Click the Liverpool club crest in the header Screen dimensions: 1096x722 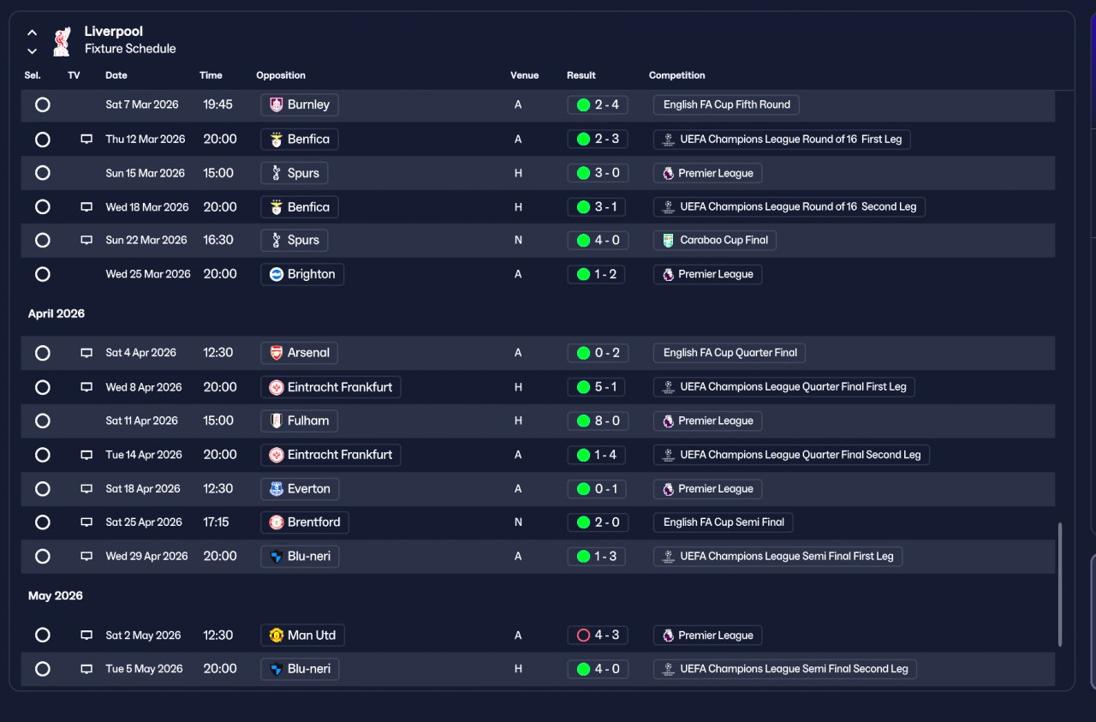(62, 42)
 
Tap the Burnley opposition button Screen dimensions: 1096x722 (300, 104)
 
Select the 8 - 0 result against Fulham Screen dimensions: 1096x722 (598, 421)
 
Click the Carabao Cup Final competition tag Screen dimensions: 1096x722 (714, 241)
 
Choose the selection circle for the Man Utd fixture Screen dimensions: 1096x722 (43, 635)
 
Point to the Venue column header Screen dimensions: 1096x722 (524, 75)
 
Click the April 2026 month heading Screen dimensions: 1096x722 (57, 313)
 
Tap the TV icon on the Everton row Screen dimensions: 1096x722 (86, 488)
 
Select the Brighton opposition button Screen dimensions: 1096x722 (302, 274)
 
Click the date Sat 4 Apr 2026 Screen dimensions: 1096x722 (141, 352)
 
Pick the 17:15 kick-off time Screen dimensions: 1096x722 (217, 522)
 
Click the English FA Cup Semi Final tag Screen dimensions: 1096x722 (724, 522)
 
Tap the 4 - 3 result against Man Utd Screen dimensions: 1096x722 (598, 635)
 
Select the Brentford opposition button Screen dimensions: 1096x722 (304, 522)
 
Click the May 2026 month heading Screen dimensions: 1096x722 (56, 596)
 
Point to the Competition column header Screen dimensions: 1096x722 (676, 75)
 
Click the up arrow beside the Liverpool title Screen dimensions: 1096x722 (33, 33)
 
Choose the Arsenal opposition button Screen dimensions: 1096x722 (299, 353)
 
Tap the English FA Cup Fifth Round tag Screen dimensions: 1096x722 (726, 104)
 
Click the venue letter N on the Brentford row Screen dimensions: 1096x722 (518, 522)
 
